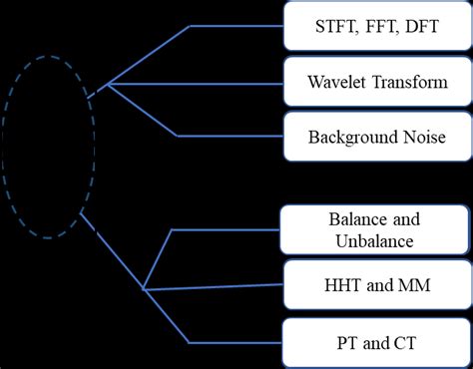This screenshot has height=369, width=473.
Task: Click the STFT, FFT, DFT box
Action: [x=377, y=28]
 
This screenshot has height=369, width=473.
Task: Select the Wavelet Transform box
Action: [x=377, y=83]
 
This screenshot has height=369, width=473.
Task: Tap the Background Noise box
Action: [x=377, y=137]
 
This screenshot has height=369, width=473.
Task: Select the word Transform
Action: [x=411, y=83]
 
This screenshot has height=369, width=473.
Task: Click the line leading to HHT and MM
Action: [x=215, y=289]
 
